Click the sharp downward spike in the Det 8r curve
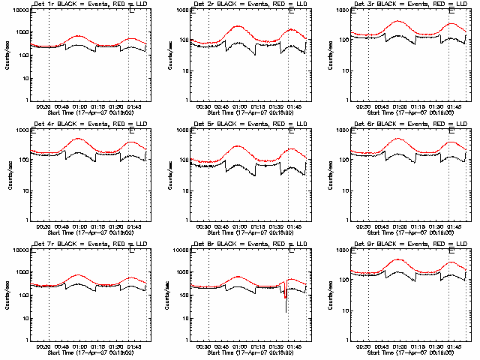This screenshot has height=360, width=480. pos(286,310)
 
